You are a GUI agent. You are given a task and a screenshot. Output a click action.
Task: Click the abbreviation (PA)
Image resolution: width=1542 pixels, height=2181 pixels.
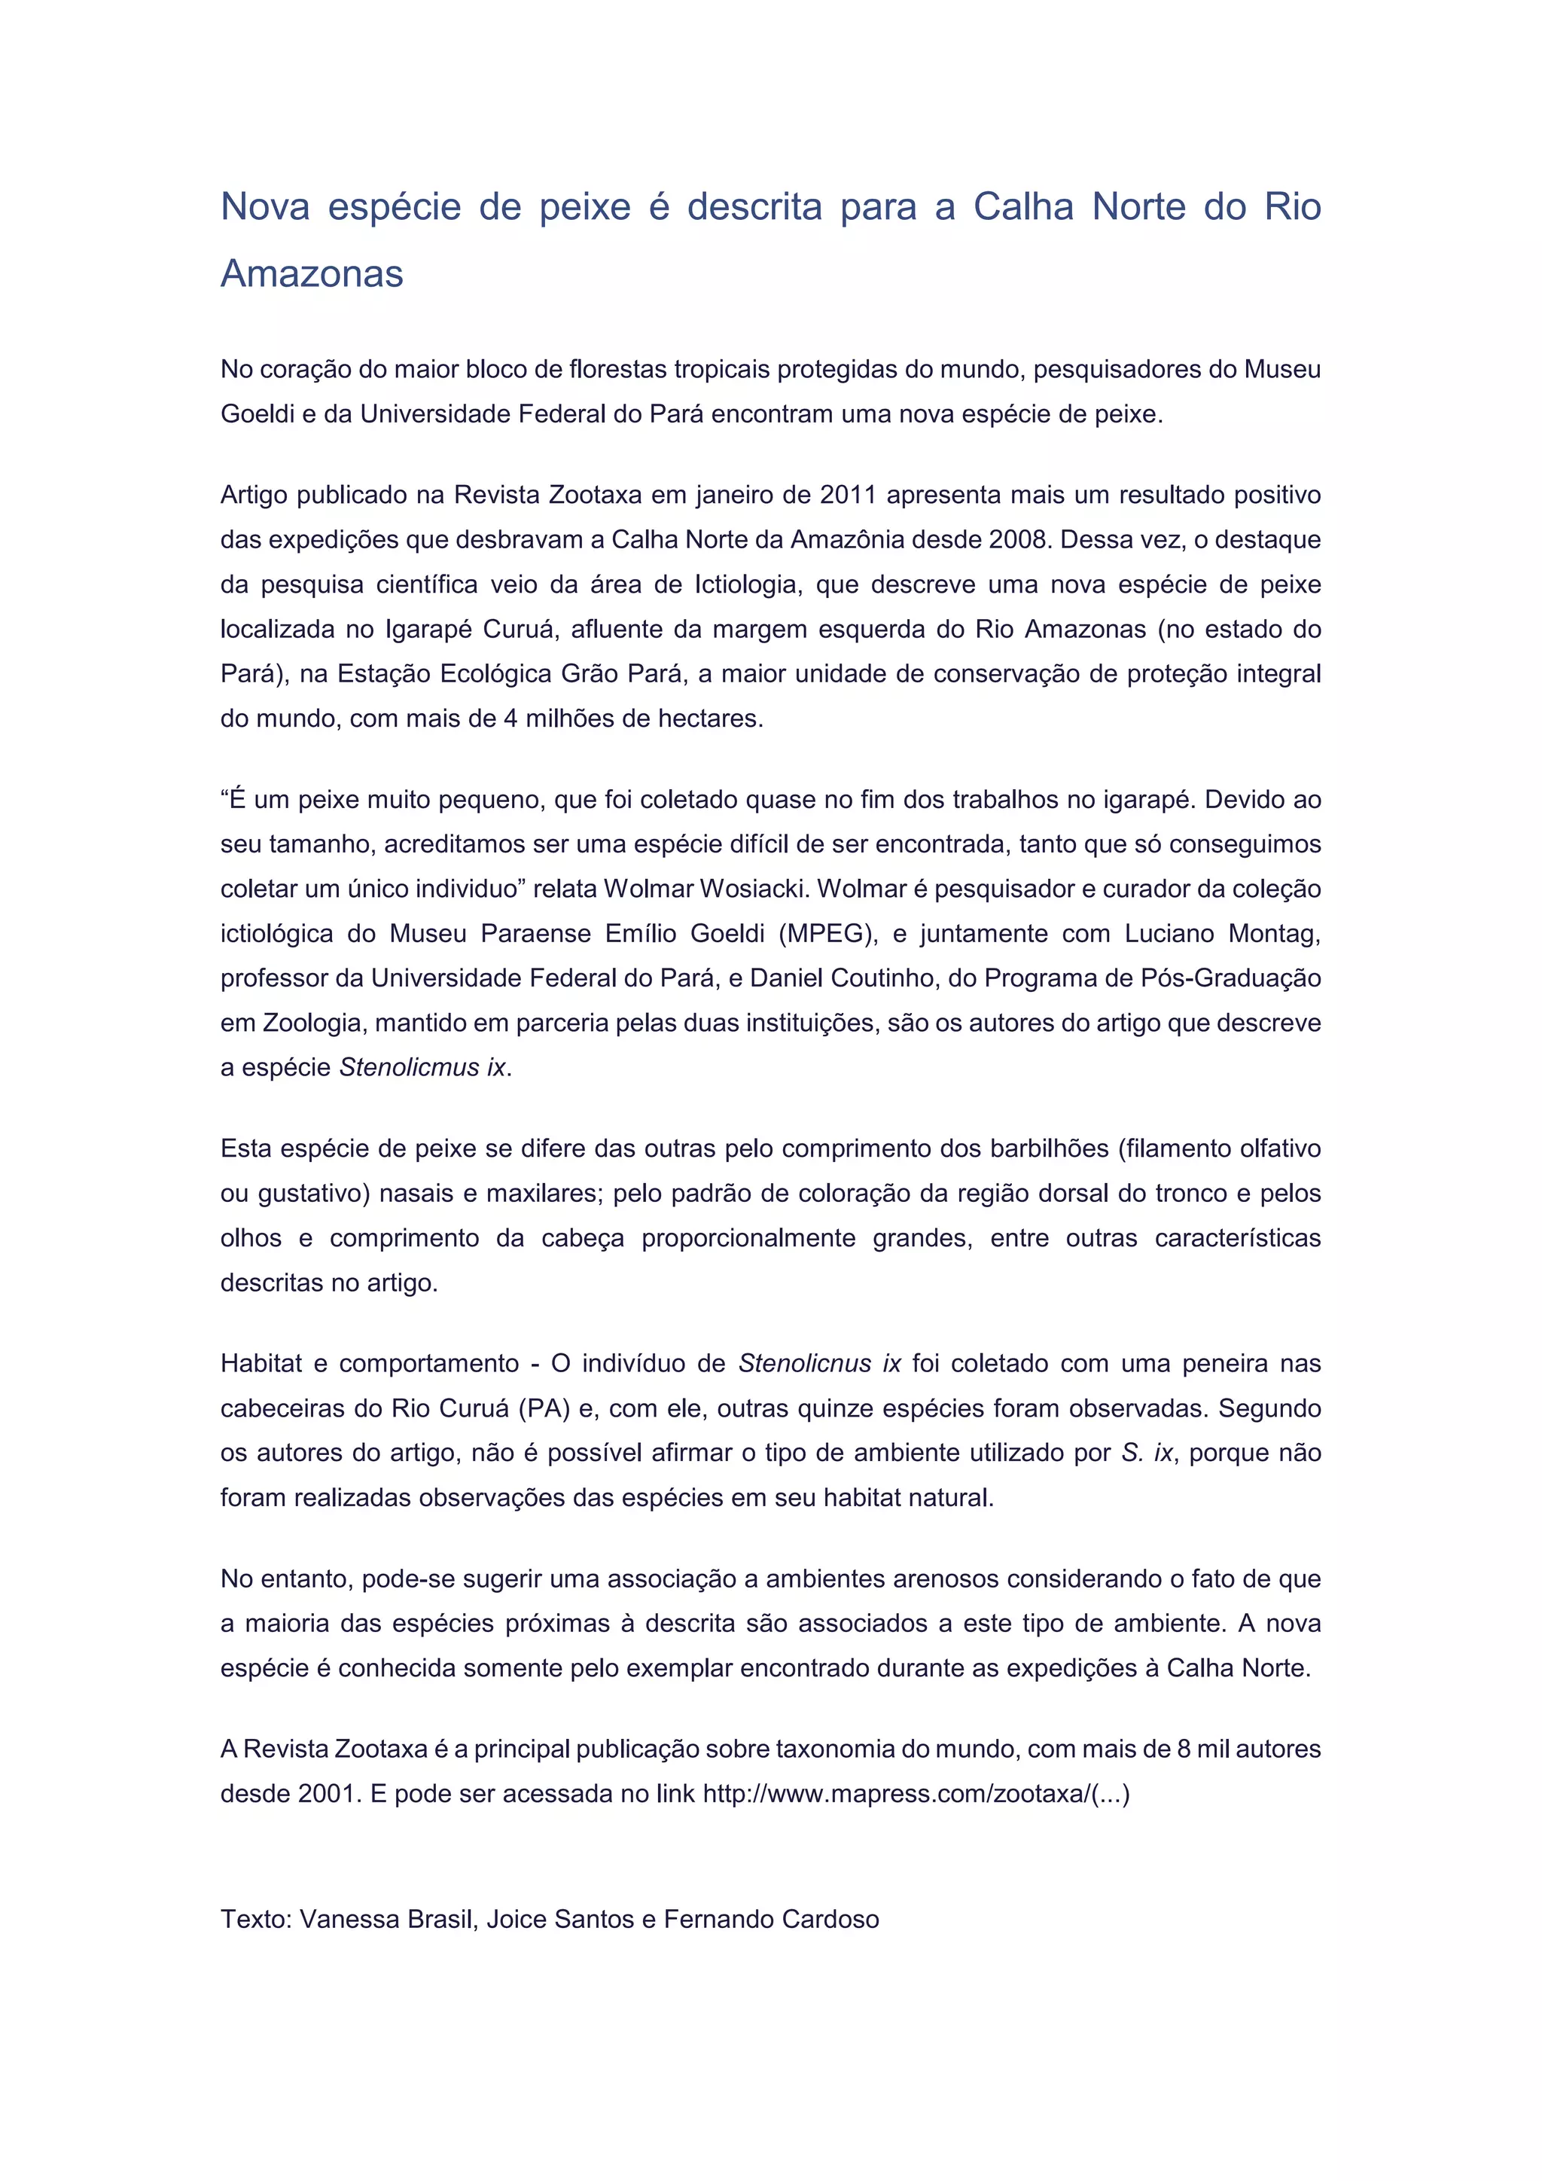coord(544,1409)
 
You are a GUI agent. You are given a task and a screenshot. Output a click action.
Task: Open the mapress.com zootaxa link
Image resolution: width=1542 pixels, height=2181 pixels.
coord(916,1795)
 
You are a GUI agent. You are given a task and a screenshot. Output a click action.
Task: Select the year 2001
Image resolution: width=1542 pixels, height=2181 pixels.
coord(328,1795)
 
